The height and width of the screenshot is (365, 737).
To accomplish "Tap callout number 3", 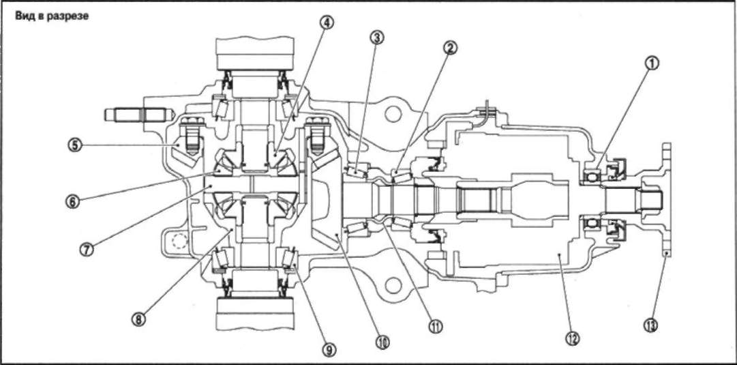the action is point(377,37).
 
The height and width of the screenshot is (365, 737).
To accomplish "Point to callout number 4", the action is point(328,23).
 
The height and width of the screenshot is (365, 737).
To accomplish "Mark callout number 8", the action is point(139,319).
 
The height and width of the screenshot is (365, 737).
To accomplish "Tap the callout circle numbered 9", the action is point(328,349).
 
